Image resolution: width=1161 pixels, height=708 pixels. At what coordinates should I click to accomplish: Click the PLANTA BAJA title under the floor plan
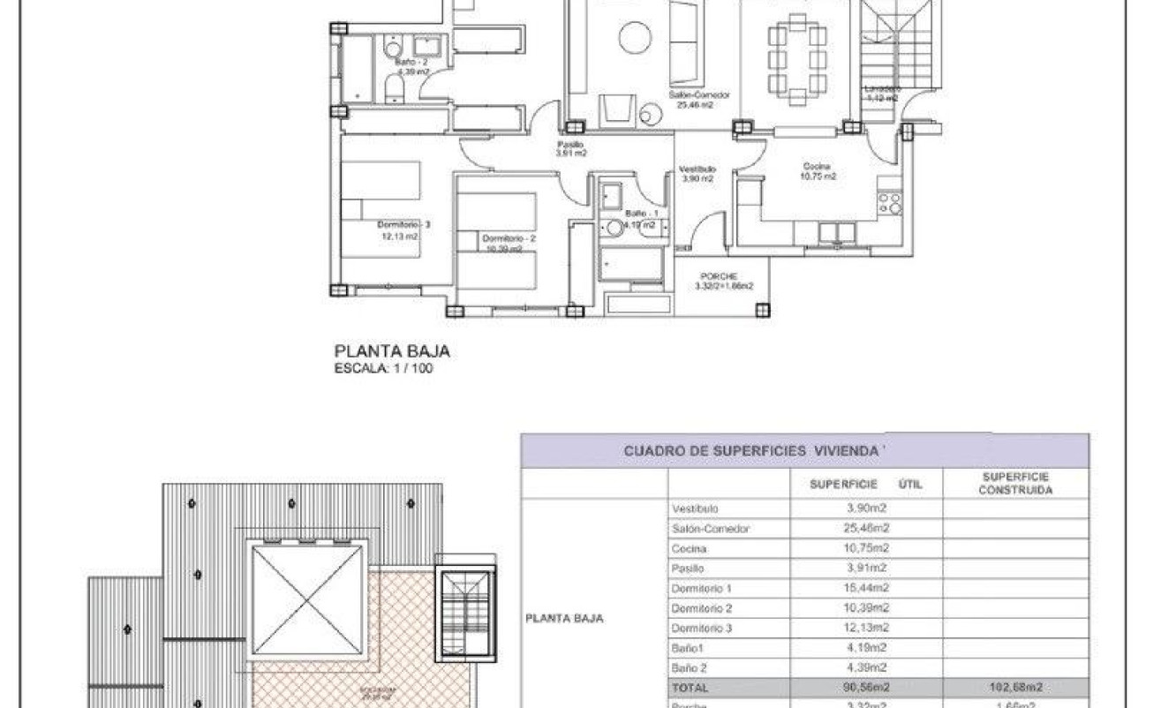pyautogui.click(x=391, y=351)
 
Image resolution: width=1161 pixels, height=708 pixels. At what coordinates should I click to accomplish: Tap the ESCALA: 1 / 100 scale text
pyautogui.click(x=384, y=369)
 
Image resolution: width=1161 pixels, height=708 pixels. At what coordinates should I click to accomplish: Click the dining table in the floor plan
pyautogui.click(x=796, y=60)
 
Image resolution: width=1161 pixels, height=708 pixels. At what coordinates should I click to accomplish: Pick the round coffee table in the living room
pyautogui.click(x=633, y=38)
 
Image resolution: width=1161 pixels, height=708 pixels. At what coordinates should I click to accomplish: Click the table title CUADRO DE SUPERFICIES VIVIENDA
pyautogui.click(x=755, y=451)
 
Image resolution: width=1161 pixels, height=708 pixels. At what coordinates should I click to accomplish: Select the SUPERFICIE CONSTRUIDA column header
pyautogui.click(x=1014, y=483)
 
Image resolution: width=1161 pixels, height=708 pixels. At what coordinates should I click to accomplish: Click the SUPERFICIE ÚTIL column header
pyautogui.click(x=865, y=484)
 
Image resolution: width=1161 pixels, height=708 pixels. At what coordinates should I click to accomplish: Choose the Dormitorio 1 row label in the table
pyautogui.click(x=701, y=588)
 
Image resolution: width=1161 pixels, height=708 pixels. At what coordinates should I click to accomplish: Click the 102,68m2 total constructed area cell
pyautogui.click(x=1014, y=687)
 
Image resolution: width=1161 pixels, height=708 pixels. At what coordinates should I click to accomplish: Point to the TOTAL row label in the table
pyautogui.click(x=690, y=687)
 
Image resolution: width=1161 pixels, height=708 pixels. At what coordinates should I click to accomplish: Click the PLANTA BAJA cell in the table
pyautogui.click(x=564, y=618)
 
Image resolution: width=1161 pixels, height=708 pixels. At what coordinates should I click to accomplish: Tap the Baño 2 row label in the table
pyautogui.click(x=691, y=667)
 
